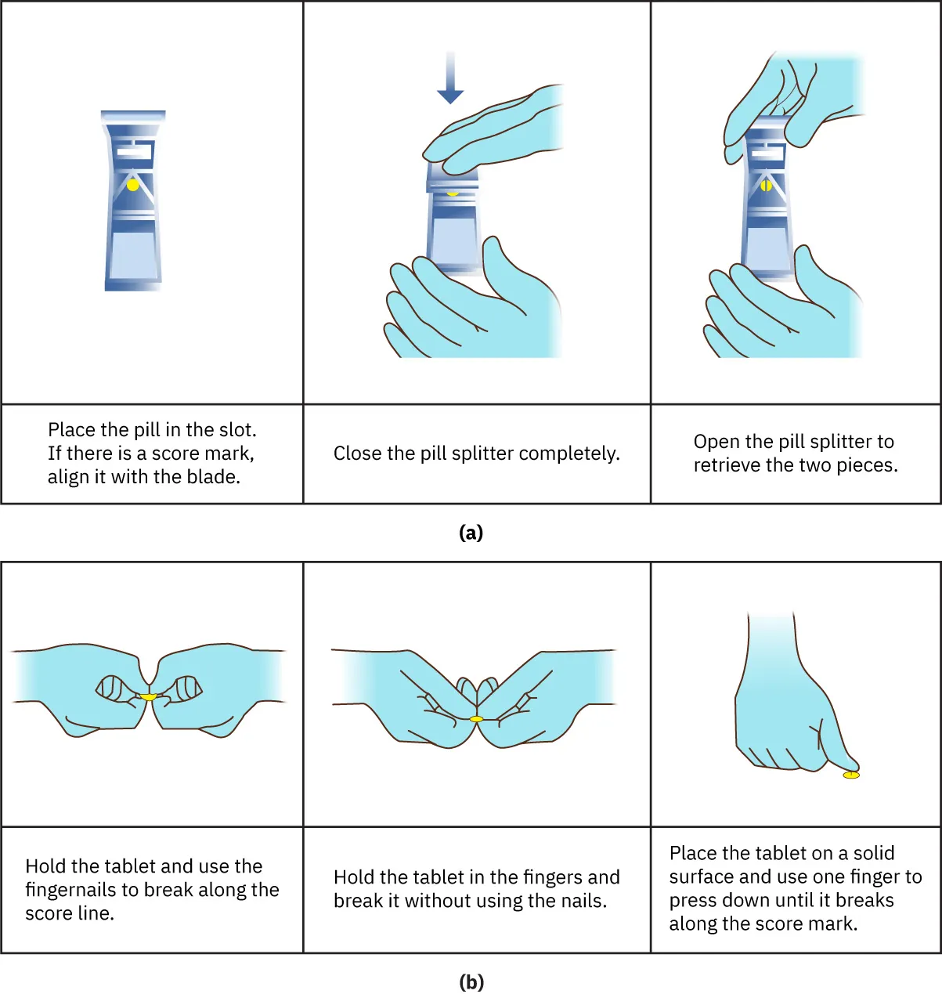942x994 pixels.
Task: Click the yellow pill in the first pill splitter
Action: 133,185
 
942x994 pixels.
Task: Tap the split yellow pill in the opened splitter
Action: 766,186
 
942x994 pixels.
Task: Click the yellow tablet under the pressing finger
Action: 851,775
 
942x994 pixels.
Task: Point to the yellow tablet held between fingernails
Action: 148,696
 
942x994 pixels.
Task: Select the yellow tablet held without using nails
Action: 476,718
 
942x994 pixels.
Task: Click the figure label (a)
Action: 471,533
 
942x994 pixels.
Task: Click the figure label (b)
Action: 471,981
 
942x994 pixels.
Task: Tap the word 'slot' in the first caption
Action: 236,430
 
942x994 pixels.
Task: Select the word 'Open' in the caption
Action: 716,442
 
